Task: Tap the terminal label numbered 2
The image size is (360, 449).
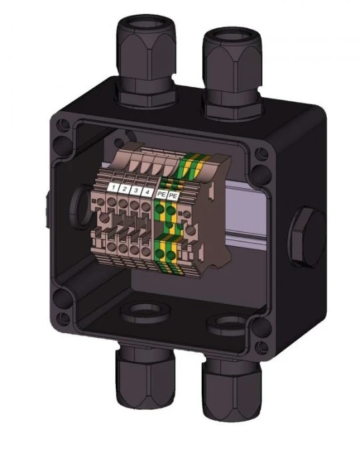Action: [126, 190]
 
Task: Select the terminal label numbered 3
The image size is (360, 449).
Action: [136, 192]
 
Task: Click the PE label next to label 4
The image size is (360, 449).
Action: [162, 195]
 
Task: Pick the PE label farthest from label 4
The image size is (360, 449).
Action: [173, 196]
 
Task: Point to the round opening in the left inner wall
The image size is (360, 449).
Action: [79, 198]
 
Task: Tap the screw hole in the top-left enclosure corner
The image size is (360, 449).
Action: [63, 124]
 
